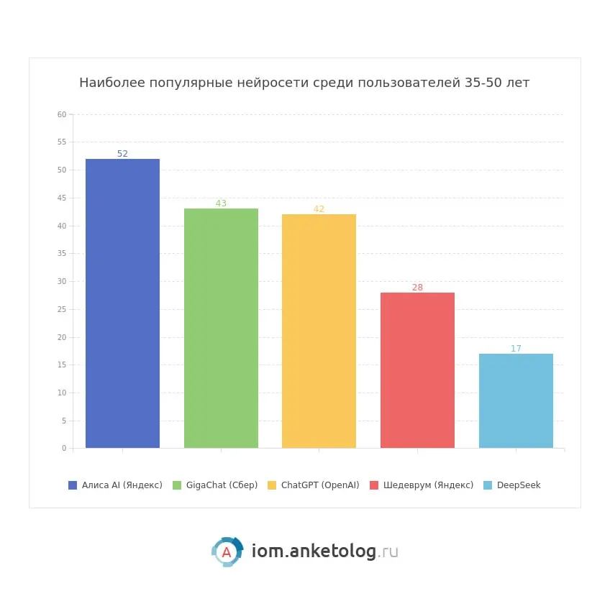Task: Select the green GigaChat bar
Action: (221, 328)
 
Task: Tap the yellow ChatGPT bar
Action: (319, 331)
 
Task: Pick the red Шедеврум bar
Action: (417, 370)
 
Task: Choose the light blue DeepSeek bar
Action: (516, 400)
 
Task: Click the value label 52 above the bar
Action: (122, 154)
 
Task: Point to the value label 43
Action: (221, 203)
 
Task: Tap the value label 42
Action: (319, 209)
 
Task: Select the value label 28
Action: (417, 288)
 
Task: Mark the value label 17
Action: (516, 349)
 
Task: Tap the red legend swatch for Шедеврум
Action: (374, 485)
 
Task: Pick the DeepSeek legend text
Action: (519, 485)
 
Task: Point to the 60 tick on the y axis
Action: (62, 114)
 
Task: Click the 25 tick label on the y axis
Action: (62, 309)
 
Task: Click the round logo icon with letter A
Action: (227, 552)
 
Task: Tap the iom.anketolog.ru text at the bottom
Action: (324, 551)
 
